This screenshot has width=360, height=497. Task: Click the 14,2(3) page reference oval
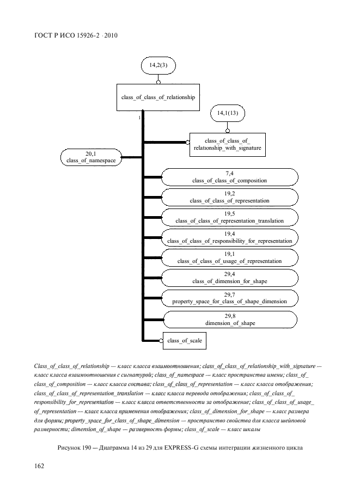[x=158, y=66]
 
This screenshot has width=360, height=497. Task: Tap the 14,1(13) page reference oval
[x=228, y=114]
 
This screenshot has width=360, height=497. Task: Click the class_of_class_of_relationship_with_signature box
[x=228, y=144]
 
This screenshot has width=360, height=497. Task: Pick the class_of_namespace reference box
[x=91, y=157]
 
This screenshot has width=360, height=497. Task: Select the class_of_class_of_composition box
[x=229, y=176]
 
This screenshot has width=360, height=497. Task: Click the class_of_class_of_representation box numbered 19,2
[x=229, y=197]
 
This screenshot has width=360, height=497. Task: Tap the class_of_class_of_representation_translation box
[x=229, y=217]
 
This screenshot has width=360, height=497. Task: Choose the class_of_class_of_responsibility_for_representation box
[x=229, y=237]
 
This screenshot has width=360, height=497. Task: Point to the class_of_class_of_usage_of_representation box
[x=229, y=257]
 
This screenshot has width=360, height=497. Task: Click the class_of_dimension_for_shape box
[x=229, y=278]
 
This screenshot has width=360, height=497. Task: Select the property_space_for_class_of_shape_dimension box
[x=229, y=298]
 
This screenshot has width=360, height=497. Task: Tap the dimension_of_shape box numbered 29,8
[x=229, y=319]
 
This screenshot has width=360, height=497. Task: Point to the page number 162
[x=40, y=466]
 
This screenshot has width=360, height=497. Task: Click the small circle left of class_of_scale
[x=162, y=340]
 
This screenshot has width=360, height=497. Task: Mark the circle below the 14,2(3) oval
[x=158, y=82]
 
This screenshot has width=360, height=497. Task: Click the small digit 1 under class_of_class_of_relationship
[x=139, y=117]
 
